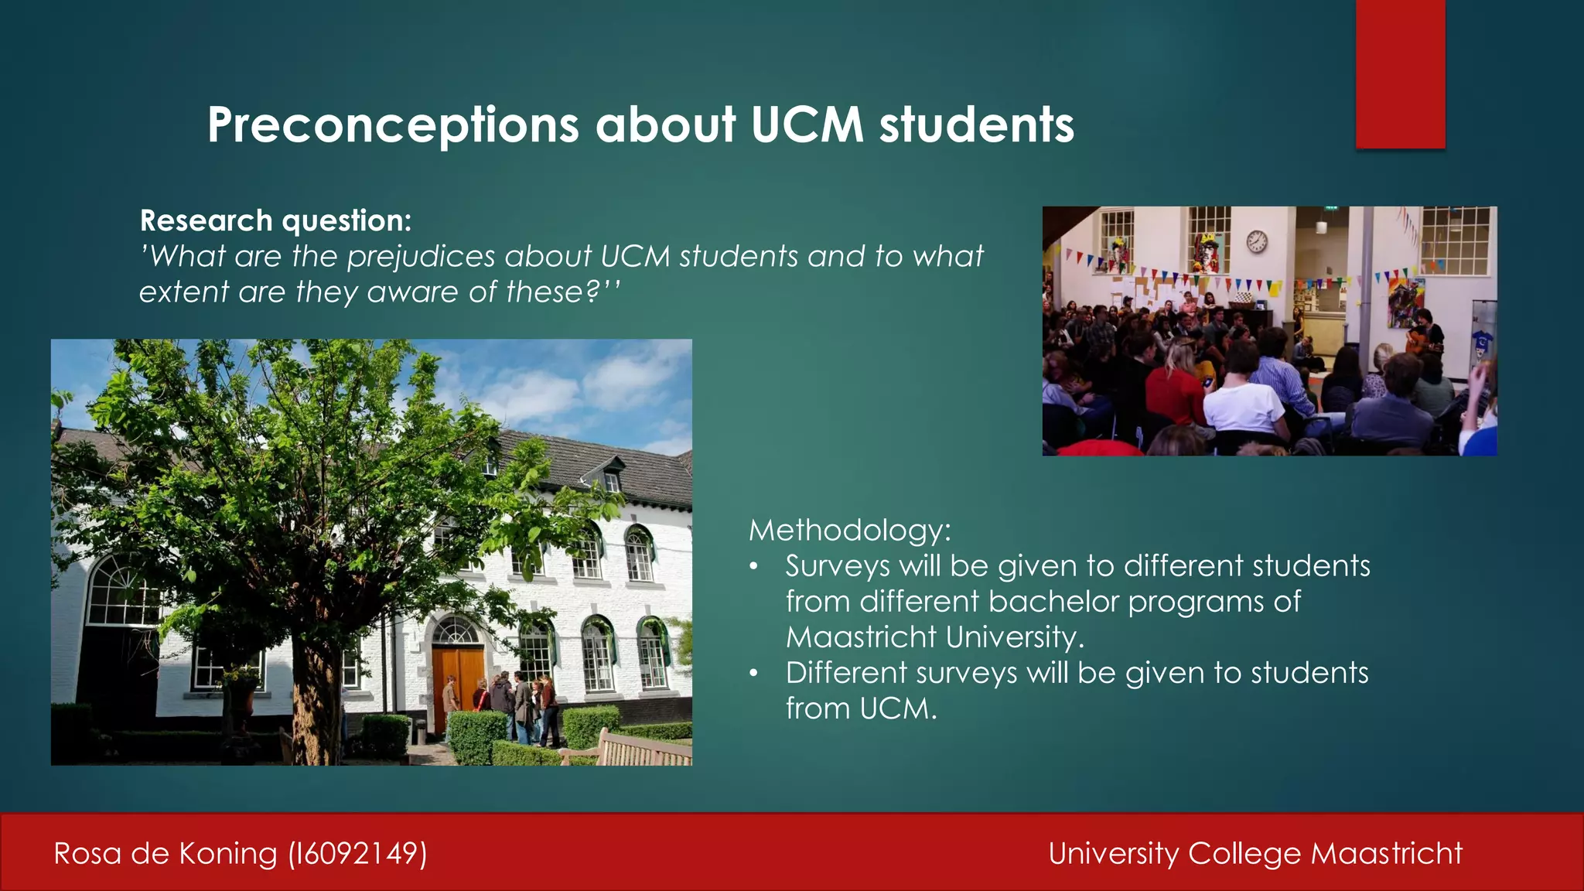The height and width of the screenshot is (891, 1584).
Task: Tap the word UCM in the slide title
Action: point(806,125)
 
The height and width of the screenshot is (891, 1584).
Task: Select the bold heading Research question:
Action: point(275,221)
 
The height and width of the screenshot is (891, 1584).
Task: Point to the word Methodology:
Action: point(849,531)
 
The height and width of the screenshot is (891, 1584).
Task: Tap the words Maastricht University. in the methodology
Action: point(934,637)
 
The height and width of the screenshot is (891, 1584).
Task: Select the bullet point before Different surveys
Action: point(753,674)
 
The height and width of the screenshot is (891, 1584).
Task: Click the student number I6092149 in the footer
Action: point(357,854)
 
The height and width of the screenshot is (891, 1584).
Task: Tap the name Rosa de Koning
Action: point(165,854)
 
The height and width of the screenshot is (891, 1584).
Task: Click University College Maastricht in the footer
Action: point(1255,854)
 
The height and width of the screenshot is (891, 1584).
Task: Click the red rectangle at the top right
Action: point(1400,73)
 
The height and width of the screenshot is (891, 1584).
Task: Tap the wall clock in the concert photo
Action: point(1257,241)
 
